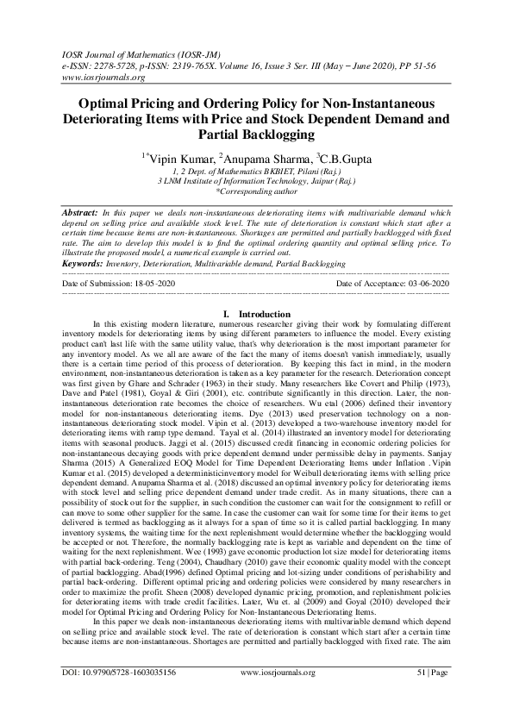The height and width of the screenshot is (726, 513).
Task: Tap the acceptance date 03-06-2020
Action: pos(429,283)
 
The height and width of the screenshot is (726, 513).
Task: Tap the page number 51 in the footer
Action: pos(422,695)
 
